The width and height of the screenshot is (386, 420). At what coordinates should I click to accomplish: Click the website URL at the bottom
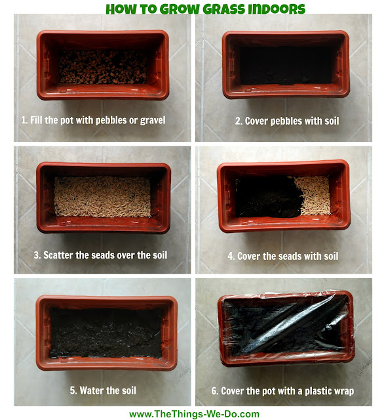tap(194, 414)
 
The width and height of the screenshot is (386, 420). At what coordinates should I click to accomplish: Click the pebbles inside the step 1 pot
tap(102, 67)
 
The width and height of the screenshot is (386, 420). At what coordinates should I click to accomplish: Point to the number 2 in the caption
tap(238, 121)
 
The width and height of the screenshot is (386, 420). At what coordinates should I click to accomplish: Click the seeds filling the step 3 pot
tap(102, 197)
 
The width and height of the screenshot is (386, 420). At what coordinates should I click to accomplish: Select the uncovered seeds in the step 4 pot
tap(314, 196)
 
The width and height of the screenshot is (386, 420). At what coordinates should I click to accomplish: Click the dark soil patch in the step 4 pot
tap(268, 197)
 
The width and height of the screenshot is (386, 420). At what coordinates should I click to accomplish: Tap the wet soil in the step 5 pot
tap(106, 333)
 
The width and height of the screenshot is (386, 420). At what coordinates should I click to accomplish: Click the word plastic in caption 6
tap(320, 391)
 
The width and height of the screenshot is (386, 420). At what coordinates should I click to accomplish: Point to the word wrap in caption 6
tap(345, 392)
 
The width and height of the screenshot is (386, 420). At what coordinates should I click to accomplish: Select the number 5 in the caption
tap(73, 390)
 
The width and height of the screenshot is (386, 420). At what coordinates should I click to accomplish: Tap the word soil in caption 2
tap(332, 121)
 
